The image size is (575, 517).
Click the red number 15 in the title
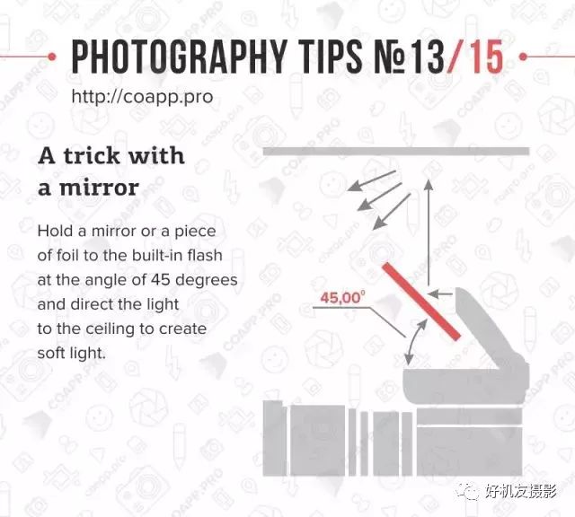(486, 57)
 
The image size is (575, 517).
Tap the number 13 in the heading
(427, 57)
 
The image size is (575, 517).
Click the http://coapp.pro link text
(142, 97)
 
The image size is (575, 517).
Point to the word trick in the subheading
(92, 155)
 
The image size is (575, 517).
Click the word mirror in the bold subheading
(100, 188)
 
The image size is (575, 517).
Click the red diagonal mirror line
(421, 302)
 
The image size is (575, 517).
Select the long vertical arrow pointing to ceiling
(429, 232)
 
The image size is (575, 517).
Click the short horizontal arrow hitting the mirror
(440, 294)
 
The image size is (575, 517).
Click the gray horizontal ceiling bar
(396, 151)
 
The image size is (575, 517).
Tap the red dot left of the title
(52, 57)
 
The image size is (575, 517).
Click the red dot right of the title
(523, 57)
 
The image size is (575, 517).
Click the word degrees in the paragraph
(207, 281)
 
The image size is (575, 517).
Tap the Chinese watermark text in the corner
(522, 491)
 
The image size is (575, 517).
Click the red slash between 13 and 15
(456, 57)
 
